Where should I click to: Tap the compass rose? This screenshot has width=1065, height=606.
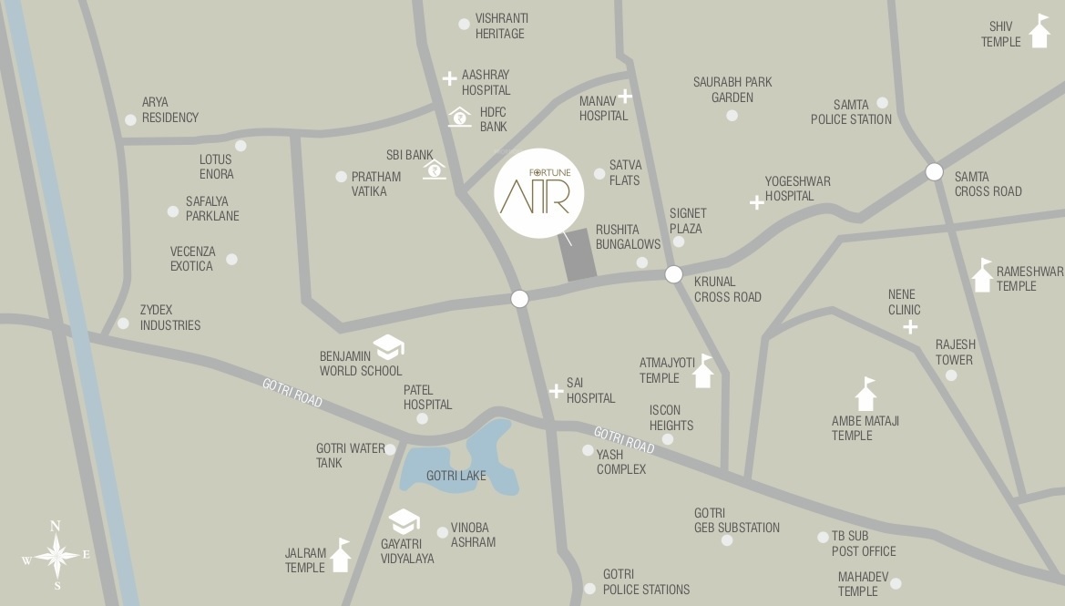coord(56,553)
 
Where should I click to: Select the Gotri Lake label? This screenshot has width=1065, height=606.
coord(456,476)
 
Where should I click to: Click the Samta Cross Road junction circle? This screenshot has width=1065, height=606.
coord(934,171)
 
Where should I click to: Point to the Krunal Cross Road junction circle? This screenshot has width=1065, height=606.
coord(673,274)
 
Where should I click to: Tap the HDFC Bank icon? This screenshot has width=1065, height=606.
coord(460,117)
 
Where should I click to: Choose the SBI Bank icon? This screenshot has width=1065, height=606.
coord(435,169)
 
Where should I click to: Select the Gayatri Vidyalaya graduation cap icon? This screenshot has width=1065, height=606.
coord(404,521)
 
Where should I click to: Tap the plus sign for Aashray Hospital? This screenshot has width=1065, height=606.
coord(449,79)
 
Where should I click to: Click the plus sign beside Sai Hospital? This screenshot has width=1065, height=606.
coord(556,392)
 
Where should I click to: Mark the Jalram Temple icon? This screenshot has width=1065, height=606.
coord(341,555)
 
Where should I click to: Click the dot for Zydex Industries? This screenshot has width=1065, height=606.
coord(124,324)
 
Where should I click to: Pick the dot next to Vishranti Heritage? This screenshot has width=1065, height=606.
coord(465,25)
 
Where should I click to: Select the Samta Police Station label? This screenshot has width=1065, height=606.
coord(851,112)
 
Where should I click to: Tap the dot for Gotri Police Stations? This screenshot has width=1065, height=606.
coord(588,589)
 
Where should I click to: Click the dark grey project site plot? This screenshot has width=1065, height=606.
coord(578,254)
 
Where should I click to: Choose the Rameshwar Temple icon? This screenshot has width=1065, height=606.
coord(982,275)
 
